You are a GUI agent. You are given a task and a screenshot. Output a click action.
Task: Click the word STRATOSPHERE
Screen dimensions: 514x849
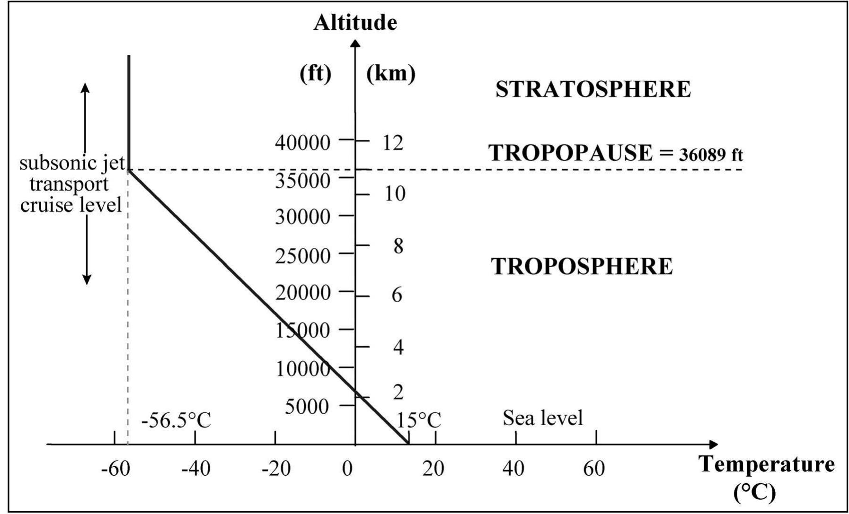[593, 89]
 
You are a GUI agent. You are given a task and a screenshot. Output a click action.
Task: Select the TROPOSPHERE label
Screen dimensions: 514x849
[582, 266]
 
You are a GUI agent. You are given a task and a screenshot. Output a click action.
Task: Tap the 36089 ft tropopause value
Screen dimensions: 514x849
[711, 155]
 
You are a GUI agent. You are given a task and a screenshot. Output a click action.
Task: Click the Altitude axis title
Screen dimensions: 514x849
[355, 23]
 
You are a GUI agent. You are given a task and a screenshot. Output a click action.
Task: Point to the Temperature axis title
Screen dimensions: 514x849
[766, 464]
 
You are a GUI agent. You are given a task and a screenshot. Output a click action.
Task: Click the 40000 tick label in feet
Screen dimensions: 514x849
[302, 142]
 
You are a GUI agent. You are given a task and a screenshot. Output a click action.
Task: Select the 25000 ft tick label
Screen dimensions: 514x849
[302, 256]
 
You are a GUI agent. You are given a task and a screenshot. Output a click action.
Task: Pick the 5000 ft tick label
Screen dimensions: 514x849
[307, 406]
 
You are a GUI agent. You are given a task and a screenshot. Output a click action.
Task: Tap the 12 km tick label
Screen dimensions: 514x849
[393, 142]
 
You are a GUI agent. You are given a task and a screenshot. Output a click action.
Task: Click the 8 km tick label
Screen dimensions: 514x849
[398, 246]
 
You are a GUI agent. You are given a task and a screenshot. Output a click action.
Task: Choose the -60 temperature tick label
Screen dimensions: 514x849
[115, 469]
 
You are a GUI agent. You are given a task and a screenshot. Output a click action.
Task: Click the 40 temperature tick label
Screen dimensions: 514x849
[513, 469]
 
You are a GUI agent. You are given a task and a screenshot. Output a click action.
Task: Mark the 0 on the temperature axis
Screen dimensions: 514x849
[348, 469]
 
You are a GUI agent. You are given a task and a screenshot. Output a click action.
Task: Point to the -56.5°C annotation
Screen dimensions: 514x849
[176, 420]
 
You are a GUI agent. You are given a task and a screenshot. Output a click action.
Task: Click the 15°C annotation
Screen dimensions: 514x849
[418, 420]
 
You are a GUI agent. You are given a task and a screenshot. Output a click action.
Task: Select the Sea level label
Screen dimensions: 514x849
[542, 418]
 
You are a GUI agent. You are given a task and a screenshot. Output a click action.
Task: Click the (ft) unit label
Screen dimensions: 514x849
[316, 74]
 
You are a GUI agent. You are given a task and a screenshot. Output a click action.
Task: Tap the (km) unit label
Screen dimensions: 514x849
[390, 74]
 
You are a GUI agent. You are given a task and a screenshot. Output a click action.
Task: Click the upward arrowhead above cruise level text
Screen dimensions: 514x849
[85, 87]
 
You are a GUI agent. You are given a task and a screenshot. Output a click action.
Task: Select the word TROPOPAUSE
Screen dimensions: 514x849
[570, 153]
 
